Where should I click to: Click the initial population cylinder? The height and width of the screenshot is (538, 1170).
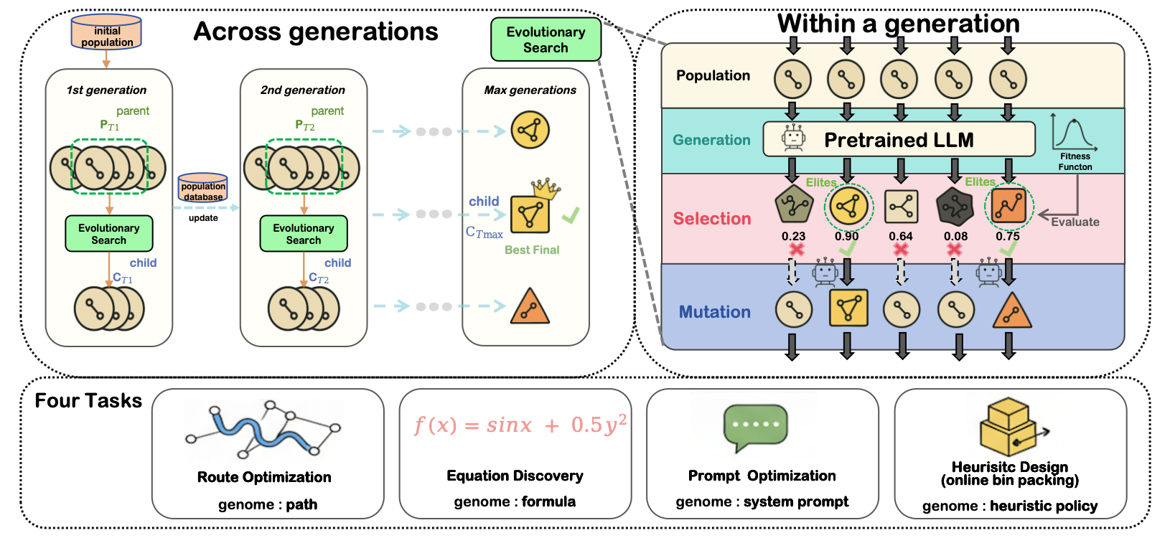(106, 33)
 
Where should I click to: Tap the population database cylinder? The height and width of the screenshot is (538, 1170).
(203, 188)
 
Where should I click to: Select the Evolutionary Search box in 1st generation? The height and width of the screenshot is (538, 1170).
(109, 234)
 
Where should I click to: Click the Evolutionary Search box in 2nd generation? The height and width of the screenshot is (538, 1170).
(304, 234)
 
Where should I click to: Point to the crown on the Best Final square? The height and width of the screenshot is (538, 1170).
(546, 188)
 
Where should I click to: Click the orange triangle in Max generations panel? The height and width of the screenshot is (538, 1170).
(530, 307)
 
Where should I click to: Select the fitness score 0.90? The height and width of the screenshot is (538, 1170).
(846, 236)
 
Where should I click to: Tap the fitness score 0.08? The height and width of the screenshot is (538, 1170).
(955, 236)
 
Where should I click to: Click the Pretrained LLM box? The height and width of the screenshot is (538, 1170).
(899, 139)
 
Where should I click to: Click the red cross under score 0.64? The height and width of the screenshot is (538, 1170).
(901, 250)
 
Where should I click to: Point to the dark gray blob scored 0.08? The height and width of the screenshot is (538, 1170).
(955, 207)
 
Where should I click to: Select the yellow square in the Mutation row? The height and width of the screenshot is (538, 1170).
(848, 308)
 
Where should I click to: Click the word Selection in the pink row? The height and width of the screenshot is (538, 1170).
(712, 219)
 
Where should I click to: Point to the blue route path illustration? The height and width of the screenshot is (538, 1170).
(262, 430)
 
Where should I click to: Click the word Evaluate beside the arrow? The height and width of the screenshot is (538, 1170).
(1075, 222)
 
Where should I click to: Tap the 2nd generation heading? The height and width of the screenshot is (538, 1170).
(303, 90)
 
